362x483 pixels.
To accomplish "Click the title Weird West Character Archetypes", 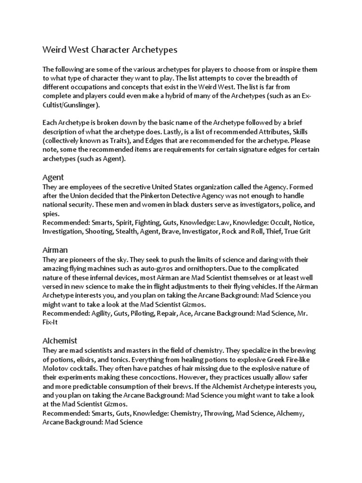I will click(x=110, y=50).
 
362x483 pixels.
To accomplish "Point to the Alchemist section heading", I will click(x=60, y=340).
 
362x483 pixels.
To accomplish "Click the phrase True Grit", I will click(x=298, y=232).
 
